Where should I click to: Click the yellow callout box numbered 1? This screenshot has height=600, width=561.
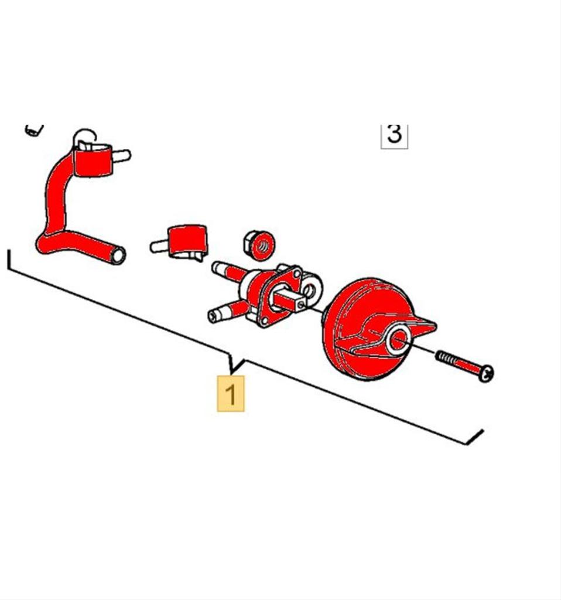click(231, 393)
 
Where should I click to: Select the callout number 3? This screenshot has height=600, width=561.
click(394, 134)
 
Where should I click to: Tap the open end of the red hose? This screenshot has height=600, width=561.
click(118, 255)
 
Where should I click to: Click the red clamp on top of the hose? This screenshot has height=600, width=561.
click(92, 161)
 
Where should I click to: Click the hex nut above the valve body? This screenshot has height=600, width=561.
click(259, 245)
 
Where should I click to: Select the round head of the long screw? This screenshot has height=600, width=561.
click(487, 374)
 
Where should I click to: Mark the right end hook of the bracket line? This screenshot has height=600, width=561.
click(476, 437)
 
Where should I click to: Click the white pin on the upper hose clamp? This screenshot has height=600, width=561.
click(122, 156)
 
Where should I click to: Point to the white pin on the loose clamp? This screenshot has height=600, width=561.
click(159, 246)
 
